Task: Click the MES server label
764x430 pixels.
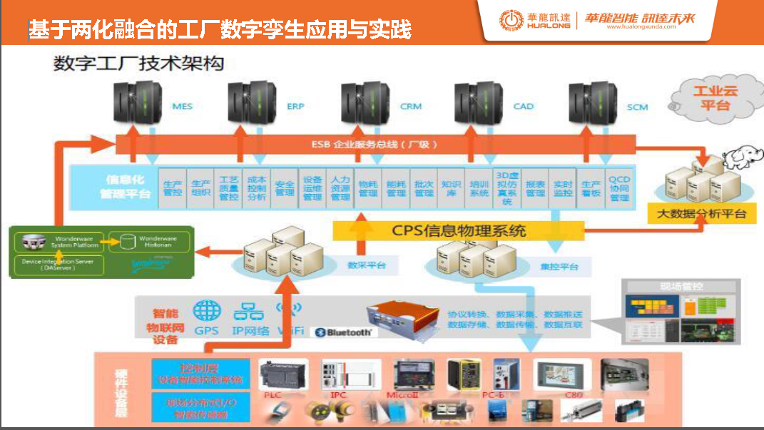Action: coord(182,106)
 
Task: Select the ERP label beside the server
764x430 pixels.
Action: coord(295,106)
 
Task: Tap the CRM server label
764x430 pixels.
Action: coord(410,106)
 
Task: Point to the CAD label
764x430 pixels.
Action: coord(523,106)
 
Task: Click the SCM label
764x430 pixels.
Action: coord(637,107)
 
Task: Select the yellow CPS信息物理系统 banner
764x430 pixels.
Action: coord(459,230)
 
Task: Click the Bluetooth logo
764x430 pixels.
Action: coord(344,332)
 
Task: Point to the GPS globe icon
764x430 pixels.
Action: coord(207,311)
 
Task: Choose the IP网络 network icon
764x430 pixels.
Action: coord(249,311)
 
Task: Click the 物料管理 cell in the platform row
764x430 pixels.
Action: coord(368,188)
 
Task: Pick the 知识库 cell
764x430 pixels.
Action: coord(451,188)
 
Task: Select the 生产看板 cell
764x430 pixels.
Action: coord(591,188)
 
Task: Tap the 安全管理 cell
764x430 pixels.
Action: coord(285,188)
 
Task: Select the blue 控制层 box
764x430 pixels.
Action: coord(200,374)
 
